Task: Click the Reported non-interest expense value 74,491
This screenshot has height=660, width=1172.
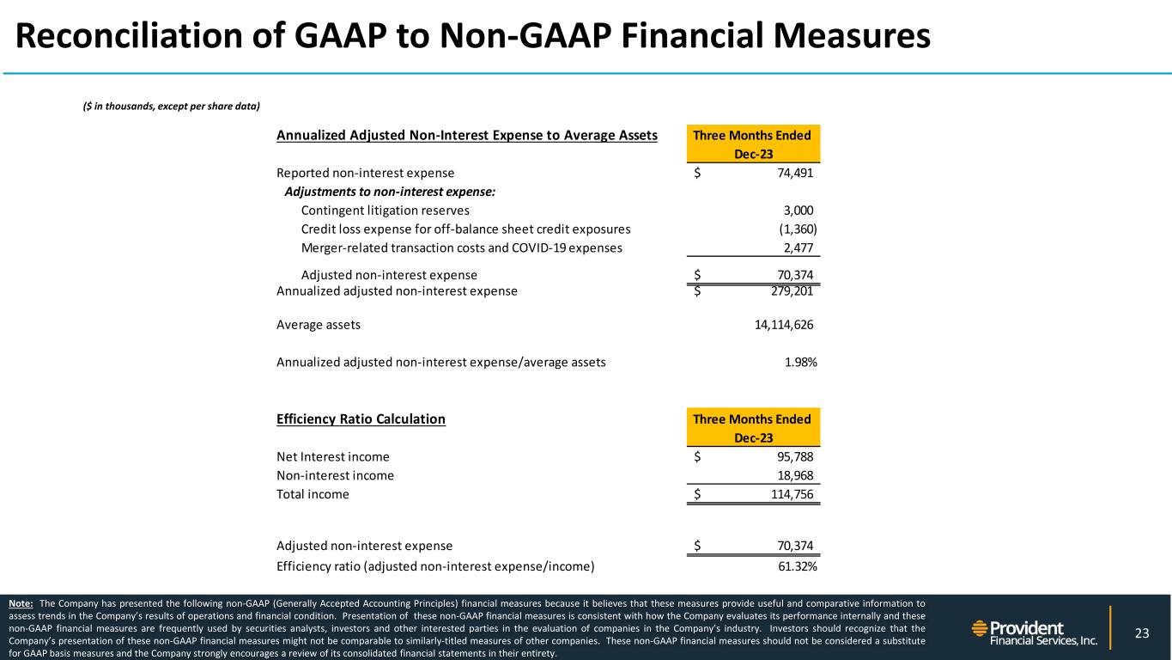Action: tap(790, 173)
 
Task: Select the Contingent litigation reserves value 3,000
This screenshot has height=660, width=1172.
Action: tap(794, 211)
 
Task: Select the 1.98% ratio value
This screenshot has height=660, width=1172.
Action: tap(800, 362)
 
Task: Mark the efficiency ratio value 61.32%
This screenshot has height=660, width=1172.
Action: tap(796, 566)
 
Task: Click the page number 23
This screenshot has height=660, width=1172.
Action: tap(1141, 633)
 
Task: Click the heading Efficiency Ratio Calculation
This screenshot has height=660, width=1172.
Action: tap(361, 419)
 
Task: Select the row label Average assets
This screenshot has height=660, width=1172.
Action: tap(319, 325)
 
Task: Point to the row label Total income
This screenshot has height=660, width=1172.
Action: tap(313, 494)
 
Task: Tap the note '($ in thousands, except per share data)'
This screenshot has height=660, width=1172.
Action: tap(165, 107)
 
